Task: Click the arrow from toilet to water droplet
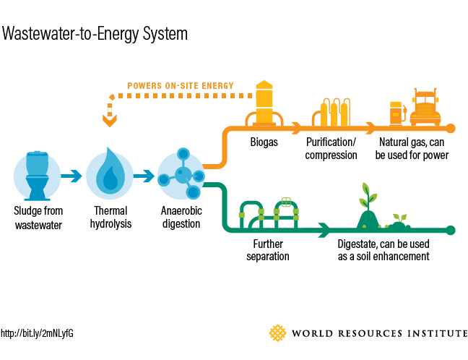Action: point(72,176)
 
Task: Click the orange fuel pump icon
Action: point(395,113)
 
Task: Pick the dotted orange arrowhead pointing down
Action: point(110,121)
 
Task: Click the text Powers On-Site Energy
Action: point(180,86)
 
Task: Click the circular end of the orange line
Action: point(451,129)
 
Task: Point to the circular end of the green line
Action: point(451,231)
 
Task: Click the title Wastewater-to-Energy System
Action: point(95,33)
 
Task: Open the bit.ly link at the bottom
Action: point(37,333)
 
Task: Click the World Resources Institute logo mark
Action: point(278,333)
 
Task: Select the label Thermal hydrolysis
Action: point(110,218)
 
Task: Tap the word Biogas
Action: point(264,142)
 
